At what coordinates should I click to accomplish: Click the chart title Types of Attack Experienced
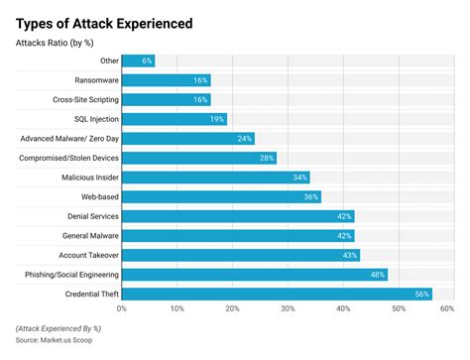coord(104,22)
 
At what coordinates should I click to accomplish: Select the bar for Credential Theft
coord(277,294)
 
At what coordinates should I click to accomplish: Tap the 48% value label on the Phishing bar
coord(376,274)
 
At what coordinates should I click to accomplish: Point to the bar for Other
coord(138,60)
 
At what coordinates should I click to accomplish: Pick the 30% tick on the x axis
coord(288,309)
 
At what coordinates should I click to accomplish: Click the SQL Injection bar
coord(174,119)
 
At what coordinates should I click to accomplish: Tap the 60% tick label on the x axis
coord(447,309)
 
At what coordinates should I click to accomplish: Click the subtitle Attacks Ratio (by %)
coord(56,43)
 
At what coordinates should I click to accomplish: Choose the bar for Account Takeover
coord(240,255)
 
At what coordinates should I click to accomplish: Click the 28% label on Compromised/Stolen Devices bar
coord(265,158)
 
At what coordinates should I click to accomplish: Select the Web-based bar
coord(221,196)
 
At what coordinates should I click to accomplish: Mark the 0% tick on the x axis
coord(122,309)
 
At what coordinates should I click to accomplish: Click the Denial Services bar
coord(237,216)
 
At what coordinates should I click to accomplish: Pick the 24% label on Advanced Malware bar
coord(243,139)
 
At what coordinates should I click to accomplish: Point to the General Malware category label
coord(87,235)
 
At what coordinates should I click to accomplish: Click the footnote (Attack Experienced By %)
coord(60,328)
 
